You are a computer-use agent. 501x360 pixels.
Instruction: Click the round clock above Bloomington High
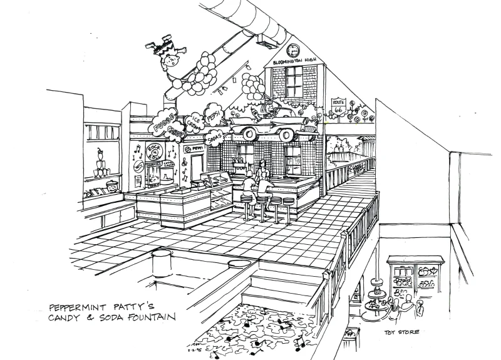(294, 50)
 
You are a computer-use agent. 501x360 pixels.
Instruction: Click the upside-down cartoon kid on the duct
(161, 54)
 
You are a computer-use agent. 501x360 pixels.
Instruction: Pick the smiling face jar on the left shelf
(111, 187)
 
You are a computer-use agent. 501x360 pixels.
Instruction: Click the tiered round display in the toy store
(378, 294)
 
